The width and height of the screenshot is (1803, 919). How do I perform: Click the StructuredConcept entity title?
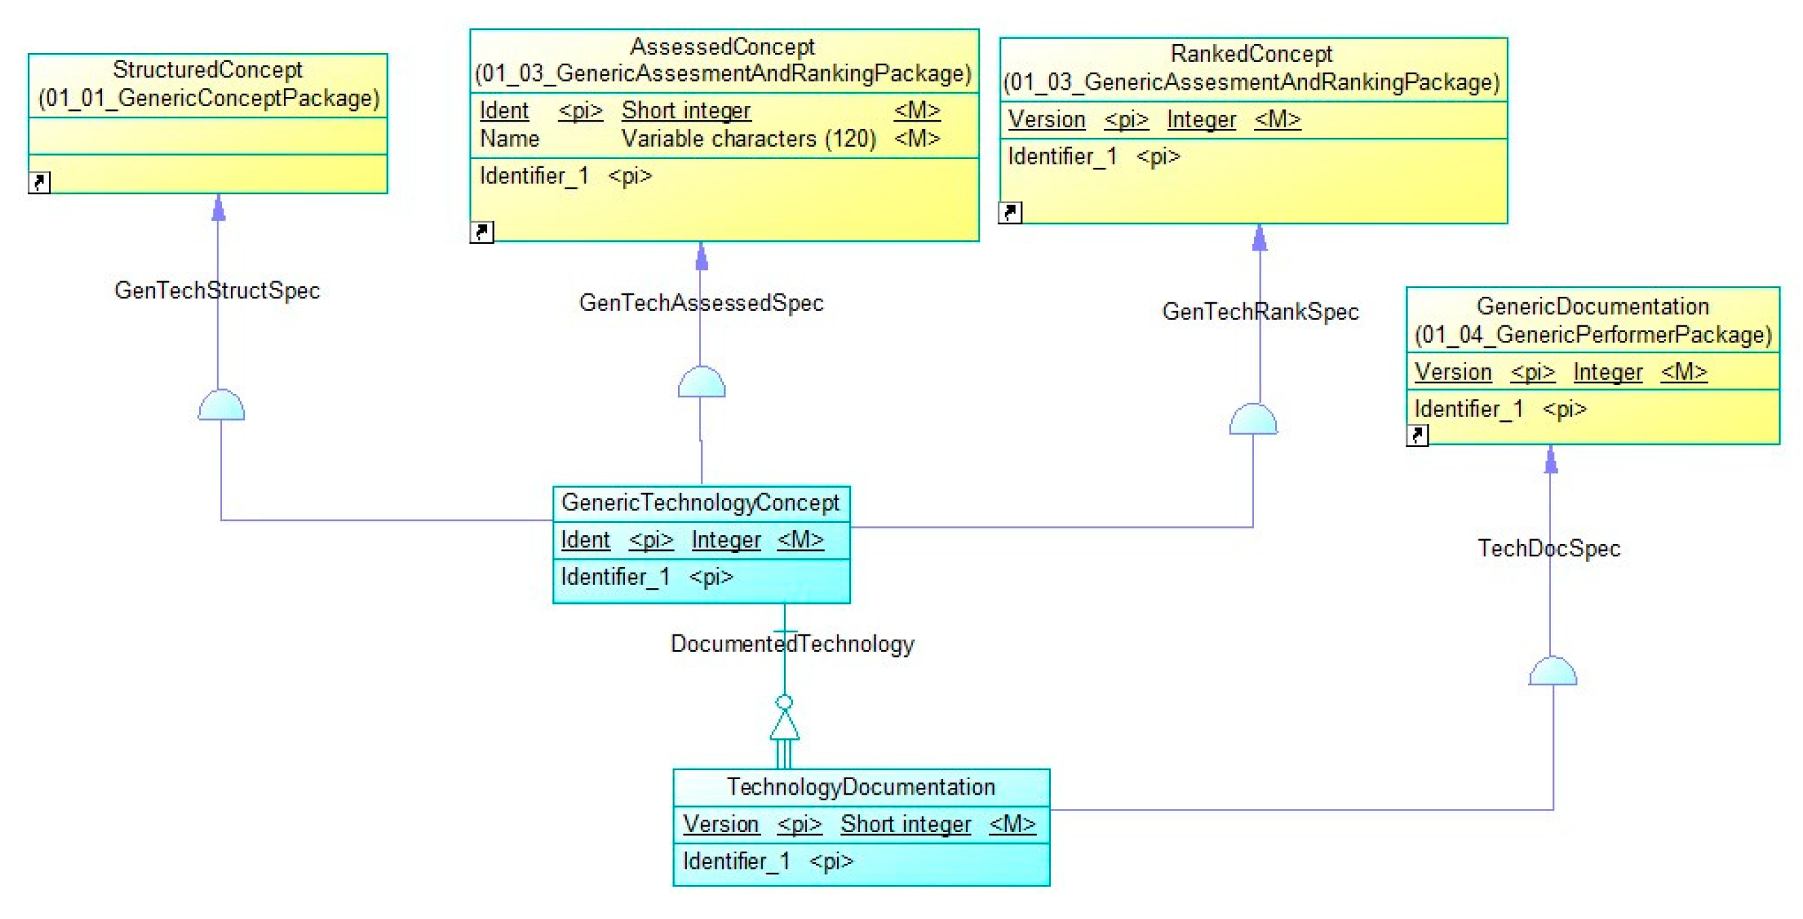coord(207,70)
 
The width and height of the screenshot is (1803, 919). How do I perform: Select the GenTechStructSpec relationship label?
coord(217,291)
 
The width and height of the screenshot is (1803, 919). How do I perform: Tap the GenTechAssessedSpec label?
coord(701,303)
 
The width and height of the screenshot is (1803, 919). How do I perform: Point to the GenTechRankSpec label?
coord(1260,312)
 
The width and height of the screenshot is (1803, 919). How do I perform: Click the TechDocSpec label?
coord(1548,548)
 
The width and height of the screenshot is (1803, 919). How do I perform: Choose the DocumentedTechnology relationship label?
coord(792,644)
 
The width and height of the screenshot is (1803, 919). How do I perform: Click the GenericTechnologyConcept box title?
coord(700,503)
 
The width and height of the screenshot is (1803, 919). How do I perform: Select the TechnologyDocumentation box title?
coord(860,787)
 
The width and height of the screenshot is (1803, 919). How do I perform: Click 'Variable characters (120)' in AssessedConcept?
coord(749,139)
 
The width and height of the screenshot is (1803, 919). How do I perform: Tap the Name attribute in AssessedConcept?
coord(510,139)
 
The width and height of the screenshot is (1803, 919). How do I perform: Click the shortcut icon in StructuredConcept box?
coord(39,182)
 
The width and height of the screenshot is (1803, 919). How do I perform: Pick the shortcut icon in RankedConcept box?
coord(1010,212)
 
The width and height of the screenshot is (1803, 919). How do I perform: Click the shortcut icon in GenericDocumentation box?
coord(1417,435)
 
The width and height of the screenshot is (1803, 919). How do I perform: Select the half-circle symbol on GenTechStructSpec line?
coord(221,406)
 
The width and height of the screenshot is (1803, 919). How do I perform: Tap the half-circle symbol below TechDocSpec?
coord(1552,672)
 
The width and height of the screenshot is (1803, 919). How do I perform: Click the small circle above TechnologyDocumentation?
coord(785,702)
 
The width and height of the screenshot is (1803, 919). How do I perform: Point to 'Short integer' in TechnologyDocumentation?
coord(906,824)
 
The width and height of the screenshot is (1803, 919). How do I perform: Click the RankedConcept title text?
coord(1251,54)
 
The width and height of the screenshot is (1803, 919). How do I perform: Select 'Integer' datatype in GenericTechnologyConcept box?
coord(726,539)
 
